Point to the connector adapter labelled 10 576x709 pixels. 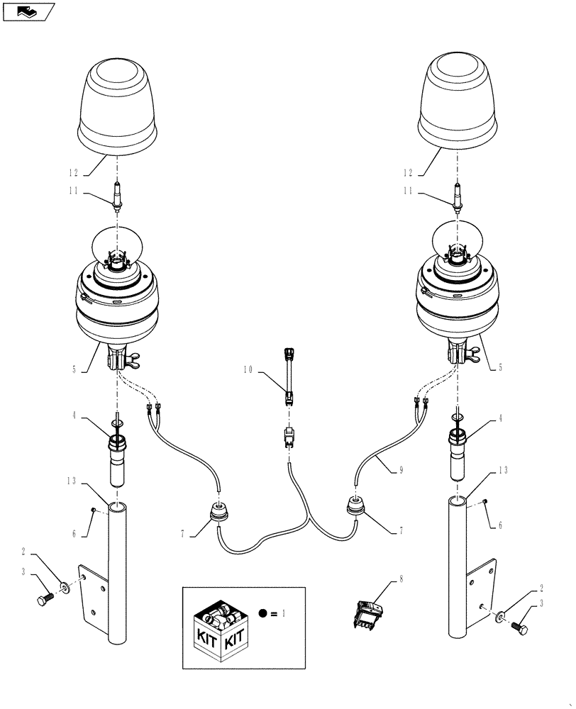tap(289, 376)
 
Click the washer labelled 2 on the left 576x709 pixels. tap(65, 587)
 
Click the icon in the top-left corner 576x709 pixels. tap(28, 11)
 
